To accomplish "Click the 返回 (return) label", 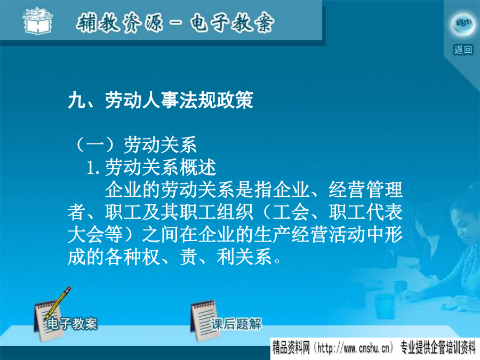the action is click(463, 50).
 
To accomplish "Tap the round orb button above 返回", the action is click(463, 23).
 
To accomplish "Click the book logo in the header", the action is click(38, 21).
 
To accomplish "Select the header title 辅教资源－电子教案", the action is click(175, 22).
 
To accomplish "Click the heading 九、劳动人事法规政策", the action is click(161, 100).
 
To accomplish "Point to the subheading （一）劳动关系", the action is click(135, 145).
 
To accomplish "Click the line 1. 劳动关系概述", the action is click(151, 167).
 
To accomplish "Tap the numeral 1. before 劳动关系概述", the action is click(93, 168).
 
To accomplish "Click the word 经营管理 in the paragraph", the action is click(365, 190).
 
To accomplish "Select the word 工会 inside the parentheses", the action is click(291, 212).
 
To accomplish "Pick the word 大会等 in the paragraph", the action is click(95, 235).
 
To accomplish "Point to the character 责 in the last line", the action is click(189, 257).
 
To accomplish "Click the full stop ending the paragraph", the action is click(277, 261).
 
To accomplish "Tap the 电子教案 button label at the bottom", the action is click(72, 324).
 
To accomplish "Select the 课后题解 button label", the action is click(236, 324).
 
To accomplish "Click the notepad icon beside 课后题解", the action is click(204, 321).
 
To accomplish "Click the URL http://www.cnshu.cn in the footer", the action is click(354, 348).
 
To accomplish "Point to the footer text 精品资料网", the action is click(291, 348).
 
